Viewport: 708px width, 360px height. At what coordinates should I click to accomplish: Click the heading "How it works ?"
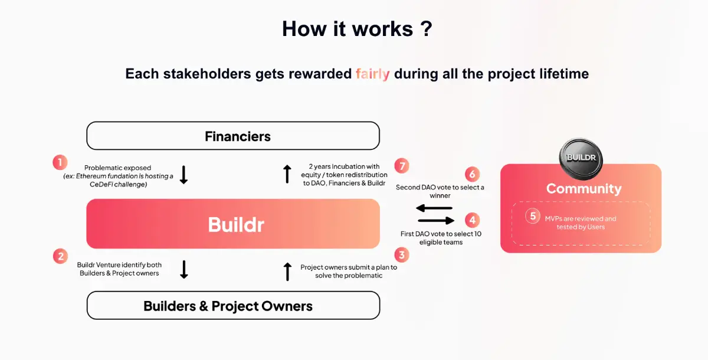click(x=357, y=29)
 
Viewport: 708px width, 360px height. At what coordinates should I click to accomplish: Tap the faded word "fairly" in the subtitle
click(x=372, y=74)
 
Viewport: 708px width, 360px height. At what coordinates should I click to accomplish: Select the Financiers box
click(x=233, y=136)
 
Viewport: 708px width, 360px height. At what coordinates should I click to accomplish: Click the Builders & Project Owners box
click(x=233, y=306)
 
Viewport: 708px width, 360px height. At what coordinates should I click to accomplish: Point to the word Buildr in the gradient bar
click(x=236, y=224)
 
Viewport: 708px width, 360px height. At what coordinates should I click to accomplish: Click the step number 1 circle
click(x=60, y=162)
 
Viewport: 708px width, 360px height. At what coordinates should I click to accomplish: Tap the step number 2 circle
click(x=60, y=256)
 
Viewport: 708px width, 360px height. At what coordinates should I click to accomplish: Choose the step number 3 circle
click(x=402, y=255)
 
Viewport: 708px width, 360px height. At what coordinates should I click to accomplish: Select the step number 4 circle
click(x=471, y=221)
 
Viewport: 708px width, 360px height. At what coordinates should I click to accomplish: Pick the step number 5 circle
click(x=533, y=216)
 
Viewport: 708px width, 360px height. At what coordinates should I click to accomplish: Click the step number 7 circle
click(x=402, y=166)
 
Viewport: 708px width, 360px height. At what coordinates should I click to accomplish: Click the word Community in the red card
click(x=584, y=189)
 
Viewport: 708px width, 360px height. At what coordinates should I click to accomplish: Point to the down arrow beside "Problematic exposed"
click(x=183, y=175)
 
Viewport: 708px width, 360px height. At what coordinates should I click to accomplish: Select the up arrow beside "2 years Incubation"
click(x=287, y=174)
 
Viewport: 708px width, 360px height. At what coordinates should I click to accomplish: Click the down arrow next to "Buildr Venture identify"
click(x=183, y=269)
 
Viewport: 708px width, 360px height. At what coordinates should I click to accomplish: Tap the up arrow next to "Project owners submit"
click(x=287, y=271)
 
